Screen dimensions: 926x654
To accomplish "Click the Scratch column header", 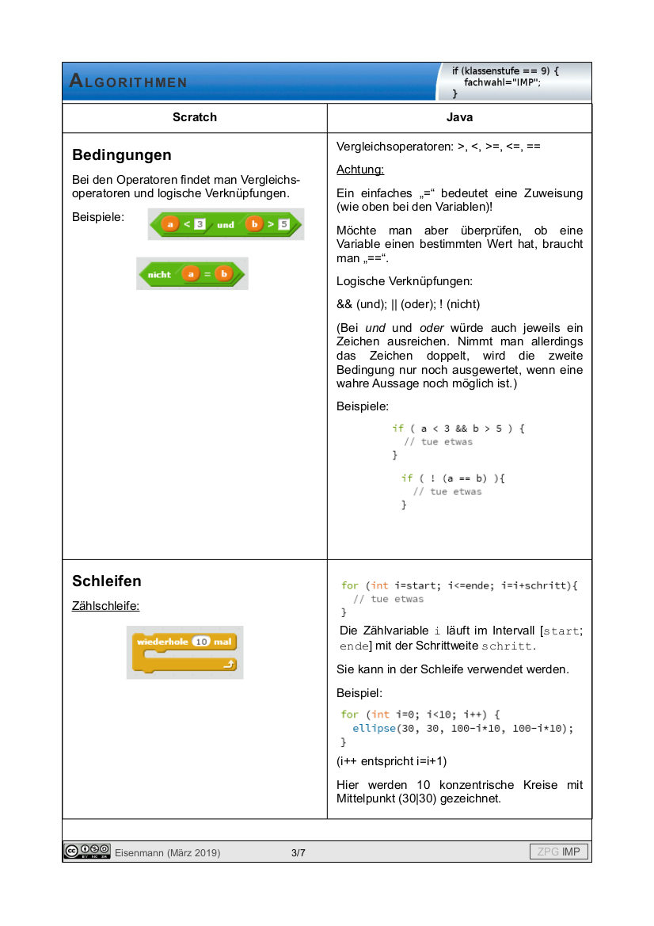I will (x=195, y=117).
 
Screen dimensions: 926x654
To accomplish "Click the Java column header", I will (x=459, y=117).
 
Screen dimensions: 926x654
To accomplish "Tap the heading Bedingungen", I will (x=122, y=154).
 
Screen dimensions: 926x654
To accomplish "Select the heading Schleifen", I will (x=107, y=581).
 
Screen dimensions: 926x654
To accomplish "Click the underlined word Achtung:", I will (x=360, y=170).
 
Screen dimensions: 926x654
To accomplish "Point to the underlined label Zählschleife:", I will (x=106, y=606).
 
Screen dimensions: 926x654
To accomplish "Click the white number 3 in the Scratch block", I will (x=200, y=225).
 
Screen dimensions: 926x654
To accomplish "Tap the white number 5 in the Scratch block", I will (x=283, y=225).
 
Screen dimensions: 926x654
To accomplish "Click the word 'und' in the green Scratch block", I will (x=226, y=225).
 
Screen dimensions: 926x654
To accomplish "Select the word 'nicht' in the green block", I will (x=159, y=274).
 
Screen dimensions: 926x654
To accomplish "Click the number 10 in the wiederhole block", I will (x=201, y=642).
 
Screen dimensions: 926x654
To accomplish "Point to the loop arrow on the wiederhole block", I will (x=229, y=665).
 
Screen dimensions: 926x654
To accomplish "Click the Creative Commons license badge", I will (x=87, y=852).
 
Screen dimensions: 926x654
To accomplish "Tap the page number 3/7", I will (x=298, y=852).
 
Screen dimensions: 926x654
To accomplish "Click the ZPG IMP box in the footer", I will (x=559, y=852).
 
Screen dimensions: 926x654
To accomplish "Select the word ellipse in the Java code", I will (x=374, y=728).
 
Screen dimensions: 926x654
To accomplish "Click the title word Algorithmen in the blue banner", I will (x=128, y=82).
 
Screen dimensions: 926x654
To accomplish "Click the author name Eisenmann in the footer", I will (x=139, y=852).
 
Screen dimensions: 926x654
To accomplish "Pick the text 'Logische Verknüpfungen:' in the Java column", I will (x=394, y=281).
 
